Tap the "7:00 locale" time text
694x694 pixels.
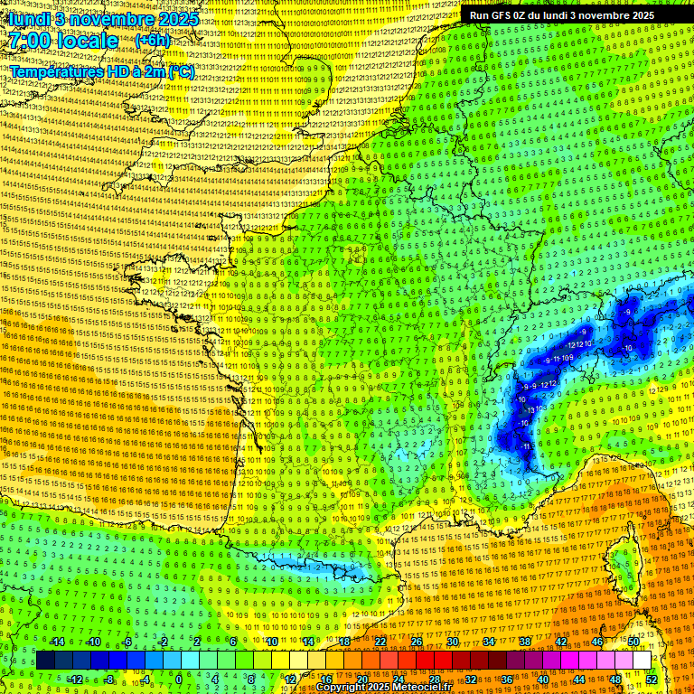(63, 41)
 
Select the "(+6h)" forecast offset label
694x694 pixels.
(151, 41)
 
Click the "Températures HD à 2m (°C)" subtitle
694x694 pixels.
(101, 71)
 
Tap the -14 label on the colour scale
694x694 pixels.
(57, 642)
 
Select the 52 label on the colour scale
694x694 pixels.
(652, 679)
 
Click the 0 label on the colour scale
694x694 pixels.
(179, 679)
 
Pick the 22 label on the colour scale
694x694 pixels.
(380, 642)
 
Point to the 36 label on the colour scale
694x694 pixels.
(507, 679)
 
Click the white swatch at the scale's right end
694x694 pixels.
(642, 661)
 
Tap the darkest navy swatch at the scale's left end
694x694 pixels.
(45, 661)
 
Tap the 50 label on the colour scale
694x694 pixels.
(633, 642)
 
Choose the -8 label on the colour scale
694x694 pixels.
(110, 679)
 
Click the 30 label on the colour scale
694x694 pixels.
(453, 642)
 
